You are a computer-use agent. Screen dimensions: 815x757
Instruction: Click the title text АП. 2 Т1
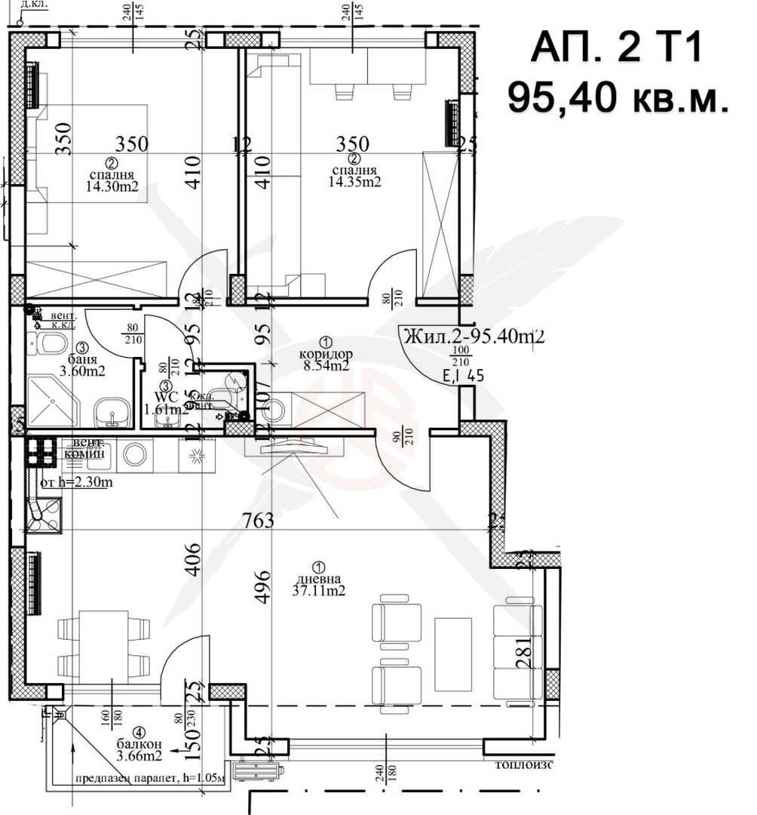click(x=616, y=49)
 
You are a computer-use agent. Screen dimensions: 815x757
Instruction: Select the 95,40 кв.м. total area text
click(x=618, y=98)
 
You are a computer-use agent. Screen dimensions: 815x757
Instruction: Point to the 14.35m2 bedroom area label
click(x=354, y=181)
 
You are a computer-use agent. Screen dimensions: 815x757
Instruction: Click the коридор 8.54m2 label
click(x=325, y=360)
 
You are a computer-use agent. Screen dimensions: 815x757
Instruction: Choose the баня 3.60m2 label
click(x=82, y=365)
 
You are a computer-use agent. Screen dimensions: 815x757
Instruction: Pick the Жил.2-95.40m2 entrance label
click(x=474, y=337)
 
